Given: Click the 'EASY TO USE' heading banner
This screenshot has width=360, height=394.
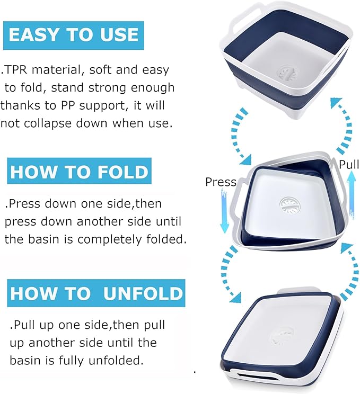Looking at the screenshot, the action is [74, 35].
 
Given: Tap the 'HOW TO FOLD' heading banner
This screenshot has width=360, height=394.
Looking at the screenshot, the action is [79, 171].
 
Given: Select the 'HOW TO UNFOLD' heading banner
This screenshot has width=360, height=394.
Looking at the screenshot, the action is [96, 293].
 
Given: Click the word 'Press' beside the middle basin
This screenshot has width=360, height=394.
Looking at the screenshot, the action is [221, 182].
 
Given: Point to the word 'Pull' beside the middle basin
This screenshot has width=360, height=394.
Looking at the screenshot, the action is [349, 165].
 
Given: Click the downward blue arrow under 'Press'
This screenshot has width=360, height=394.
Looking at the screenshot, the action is [224, 211].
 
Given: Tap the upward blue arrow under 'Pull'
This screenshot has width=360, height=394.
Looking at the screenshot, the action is [352, 196].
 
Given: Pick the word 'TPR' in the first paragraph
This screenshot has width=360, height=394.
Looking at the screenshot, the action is [15, 69].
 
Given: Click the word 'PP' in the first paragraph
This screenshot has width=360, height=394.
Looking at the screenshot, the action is [68, 105].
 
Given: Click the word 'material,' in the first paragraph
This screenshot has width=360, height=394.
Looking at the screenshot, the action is [58, 70].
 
